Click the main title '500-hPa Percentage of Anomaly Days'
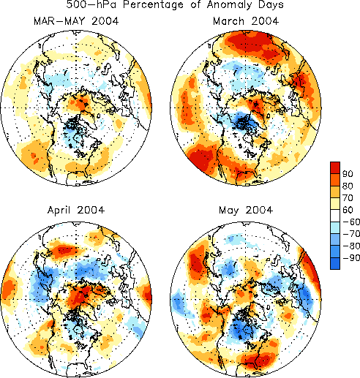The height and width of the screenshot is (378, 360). coord(175,4)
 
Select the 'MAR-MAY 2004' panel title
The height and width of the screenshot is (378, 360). coord(76,21)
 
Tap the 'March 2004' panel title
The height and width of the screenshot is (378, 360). coord(246,21)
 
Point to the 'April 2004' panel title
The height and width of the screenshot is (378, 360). coord(76,211)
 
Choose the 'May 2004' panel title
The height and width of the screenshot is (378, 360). coord(246,211)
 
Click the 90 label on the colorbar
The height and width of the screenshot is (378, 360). coord(348,174)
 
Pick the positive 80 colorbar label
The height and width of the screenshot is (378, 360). coord(348,186)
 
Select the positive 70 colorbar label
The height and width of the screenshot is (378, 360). coord(348,198)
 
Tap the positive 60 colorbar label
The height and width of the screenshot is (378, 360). coord(348,210)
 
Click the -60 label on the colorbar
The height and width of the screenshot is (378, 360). coord(351,222)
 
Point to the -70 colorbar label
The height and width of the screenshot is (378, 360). coord(351,234)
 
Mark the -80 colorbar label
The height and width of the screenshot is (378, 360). coord(351,246)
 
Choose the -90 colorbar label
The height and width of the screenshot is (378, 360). coord(351,257)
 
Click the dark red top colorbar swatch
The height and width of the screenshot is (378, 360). coord(335,167)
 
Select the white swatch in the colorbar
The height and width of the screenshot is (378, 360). coord(335,216)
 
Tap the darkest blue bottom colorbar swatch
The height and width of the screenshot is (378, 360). coord(335,263)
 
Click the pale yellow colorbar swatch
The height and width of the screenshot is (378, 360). coord(335,204)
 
